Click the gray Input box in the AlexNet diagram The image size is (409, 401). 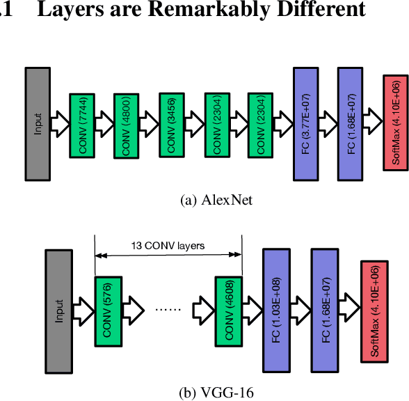coord(38,123)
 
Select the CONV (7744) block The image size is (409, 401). coord(83,123)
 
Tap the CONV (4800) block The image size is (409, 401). coord(127,124)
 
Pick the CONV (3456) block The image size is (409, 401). coord(172,124)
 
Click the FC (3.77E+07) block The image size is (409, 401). coord(306,123)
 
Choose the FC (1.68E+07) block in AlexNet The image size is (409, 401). coord(352,123)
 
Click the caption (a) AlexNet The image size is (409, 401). coord(216,200)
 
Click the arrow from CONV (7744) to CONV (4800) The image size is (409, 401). coord(104,124)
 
